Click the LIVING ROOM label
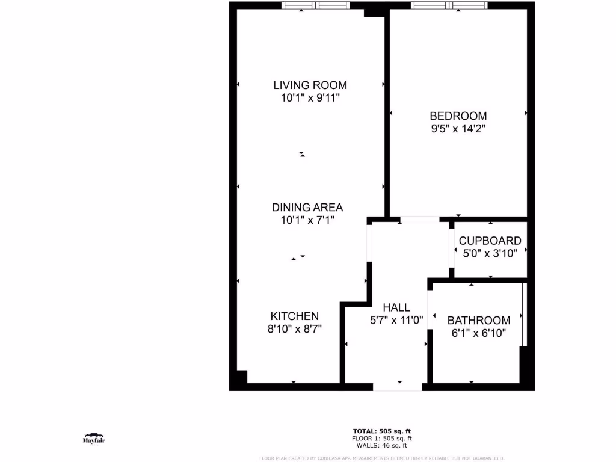coord(310,85)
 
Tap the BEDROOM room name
coord(458,115)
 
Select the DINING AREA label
coord(307,208)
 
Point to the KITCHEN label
coord(294,316)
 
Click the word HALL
coord(396,308)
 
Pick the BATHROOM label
coord(478,321)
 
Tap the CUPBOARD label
coord(490,241)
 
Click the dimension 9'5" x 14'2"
coord(458,128)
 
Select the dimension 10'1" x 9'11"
coord(310,98)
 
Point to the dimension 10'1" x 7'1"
coord(307,220)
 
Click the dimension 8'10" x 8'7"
coord(294,329)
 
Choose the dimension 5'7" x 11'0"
coord(396,321)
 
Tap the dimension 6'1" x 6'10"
coord(478,333)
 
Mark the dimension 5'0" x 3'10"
coord(490,253)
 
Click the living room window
coord(316,6)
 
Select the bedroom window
coord(448,6)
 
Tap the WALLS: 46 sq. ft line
coord(381,445)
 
